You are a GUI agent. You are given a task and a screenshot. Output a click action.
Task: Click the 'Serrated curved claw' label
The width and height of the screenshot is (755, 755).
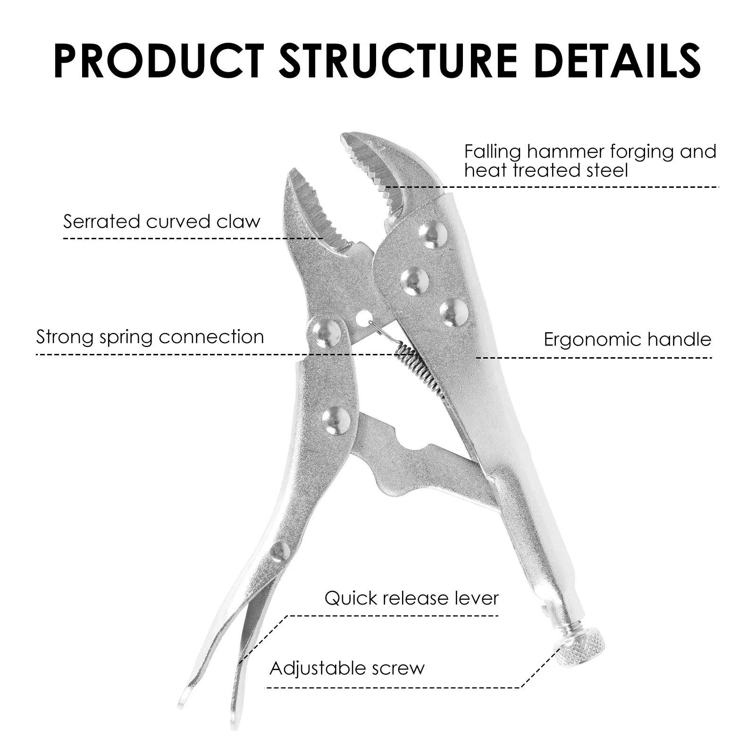[162, 221]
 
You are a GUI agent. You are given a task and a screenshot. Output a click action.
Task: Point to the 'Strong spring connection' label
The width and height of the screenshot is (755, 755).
[150, 337]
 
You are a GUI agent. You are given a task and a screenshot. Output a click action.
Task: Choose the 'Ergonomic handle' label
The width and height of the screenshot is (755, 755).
[628, 339]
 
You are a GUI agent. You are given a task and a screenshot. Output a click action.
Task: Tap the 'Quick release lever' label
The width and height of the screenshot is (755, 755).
[411, 598]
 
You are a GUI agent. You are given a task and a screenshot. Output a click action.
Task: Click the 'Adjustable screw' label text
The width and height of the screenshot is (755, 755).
[347, 668]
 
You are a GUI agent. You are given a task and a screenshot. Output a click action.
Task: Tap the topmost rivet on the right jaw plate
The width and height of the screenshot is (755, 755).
[433, 235]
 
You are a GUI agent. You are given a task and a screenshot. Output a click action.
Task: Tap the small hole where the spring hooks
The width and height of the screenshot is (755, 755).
[363, 319]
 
